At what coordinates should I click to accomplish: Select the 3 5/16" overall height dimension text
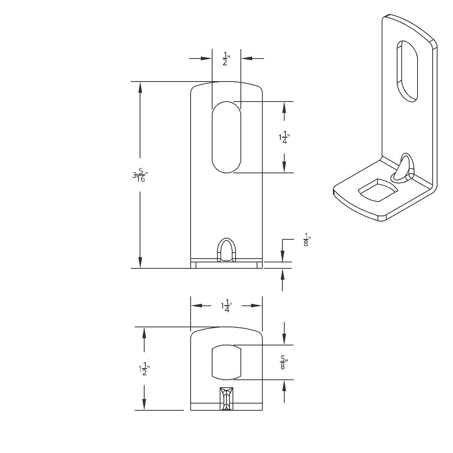tap(140, 175)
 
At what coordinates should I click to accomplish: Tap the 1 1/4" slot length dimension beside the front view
tap(284, 138)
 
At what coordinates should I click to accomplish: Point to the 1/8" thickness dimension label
tap(307, 240)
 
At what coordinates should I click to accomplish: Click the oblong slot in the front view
tap(226, 137)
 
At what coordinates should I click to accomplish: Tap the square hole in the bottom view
tap(226, 362)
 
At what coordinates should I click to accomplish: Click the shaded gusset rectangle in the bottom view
tap(226, 399)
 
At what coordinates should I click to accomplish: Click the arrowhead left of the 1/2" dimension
tap(206, 59)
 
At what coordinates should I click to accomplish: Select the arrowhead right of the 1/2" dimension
tap(247, 59)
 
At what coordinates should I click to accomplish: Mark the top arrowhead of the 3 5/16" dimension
tap(140, 87)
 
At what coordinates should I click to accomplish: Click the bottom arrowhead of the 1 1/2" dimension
tap(144, 404)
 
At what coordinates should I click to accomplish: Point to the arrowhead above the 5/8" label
tap(284, 339)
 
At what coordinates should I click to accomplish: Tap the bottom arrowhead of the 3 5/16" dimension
tap(140, 262)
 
